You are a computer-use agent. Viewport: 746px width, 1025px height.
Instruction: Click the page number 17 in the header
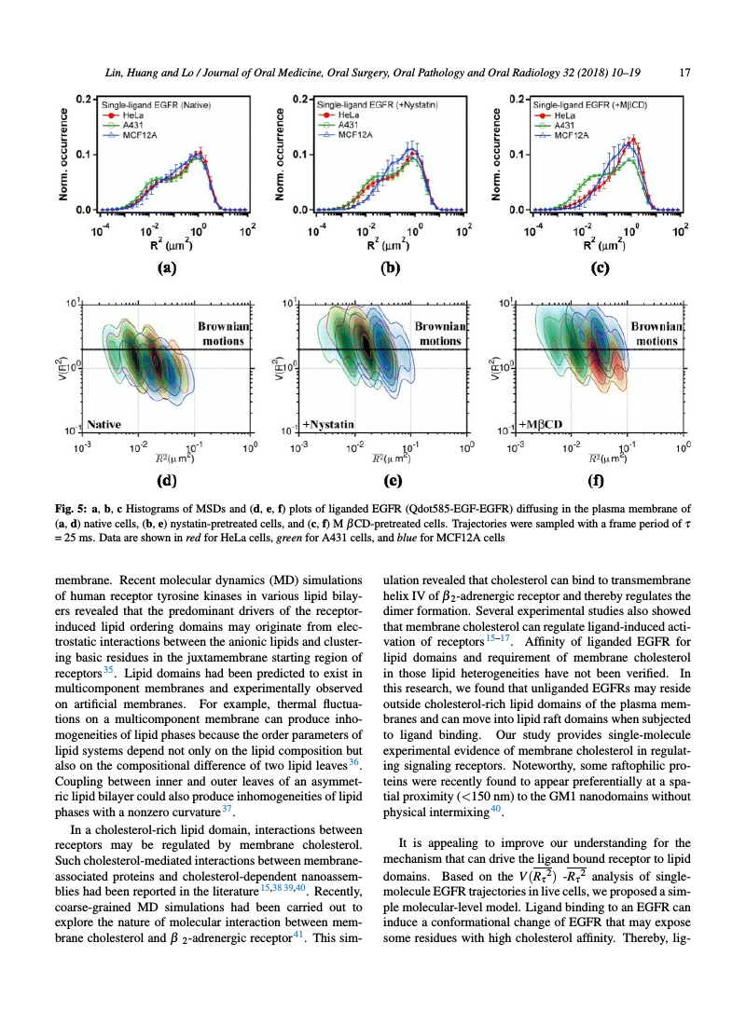[684, 73]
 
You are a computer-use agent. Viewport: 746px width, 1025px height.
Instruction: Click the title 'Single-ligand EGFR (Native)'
[156, 105]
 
